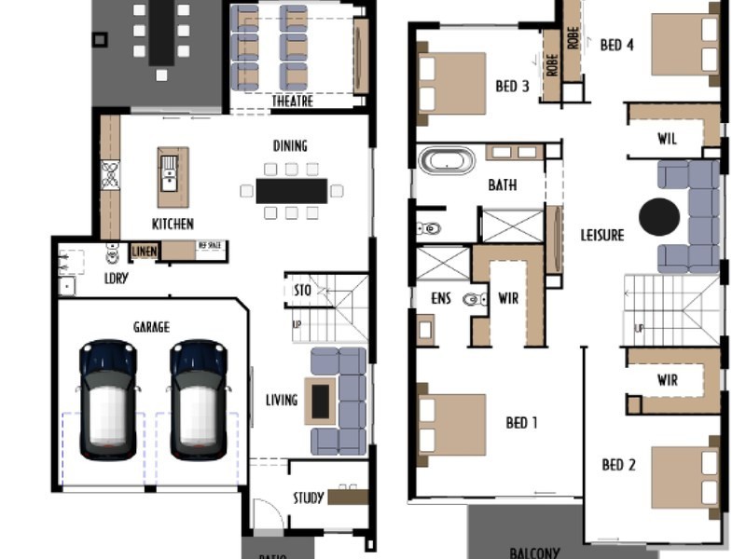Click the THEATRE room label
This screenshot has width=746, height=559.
tap(292, 102)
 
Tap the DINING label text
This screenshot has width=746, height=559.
tap(290, 146)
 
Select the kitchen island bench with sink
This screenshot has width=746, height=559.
tap(173, 176)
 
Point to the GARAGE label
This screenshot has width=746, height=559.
tap(151, 327)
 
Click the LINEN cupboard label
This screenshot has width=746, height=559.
tap(144, 251)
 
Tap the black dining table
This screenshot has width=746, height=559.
tap(292, 191)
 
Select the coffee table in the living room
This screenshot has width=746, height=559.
tap(321, 401)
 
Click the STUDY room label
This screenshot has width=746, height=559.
tap(309, 498)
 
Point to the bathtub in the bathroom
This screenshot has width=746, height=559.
tap(447, 160)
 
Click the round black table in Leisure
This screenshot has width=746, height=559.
tap(659, 217)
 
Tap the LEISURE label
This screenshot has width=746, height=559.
tap(601, 236)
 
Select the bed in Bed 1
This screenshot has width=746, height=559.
tap(452, 424)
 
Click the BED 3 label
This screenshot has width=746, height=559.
tap(512, 87)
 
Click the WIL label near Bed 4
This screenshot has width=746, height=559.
tap(667, 140)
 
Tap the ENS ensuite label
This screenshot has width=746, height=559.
tap(440, 299)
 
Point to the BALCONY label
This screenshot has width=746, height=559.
tap(534, 552)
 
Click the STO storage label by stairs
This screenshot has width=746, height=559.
tap(302, 291)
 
